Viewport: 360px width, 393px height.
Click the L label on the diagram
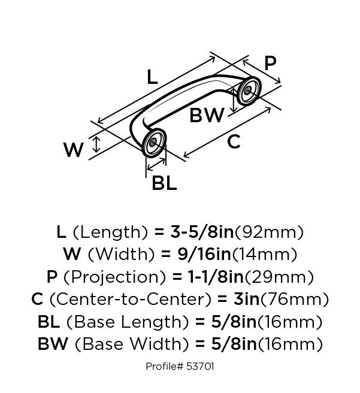coord(152,77)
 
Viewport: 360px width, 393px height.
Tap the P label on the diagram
coord(270,63)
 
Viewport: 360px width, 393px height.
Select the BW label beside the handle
coord(207,115)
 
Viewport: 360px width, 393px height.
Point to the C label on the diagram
coord(234,141)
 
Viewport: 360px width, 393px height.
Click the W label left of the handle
coord(73,150)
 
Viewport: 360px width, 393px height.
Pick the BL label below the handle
coord(164,183)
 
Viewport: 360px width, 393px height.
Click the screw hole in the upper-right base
coord(248,90)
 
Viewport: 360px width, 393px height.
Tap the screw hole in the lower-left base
coord(153,143)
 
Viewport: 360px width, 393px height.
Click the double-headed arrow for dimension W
coord(96,144)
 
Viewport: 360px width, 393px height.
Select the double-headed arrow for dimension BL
coord(156,165)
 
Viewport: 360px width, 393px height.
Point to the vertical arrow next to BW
coord(234,100)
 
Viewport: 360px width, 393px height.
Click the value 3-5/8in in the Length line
coord(202,232)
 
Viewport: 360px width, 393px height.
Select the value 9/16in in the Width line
coord(204,254)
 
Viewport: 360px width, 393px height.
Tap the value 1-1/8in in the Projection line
coord(216,277)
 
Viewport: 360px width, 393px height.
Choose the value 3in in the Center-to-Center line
coord(246,299)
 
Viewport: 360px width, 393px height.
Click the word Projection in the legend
coord(114,277)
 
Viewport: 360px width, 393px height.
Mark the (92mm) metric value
coord(268,232)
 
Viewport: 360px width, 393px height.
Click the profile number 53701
coord(200,367)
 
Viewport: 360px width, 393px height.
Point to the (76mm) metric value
coord(294,300)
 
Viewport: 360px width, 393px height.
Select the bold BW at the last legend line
coord(53,344)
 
